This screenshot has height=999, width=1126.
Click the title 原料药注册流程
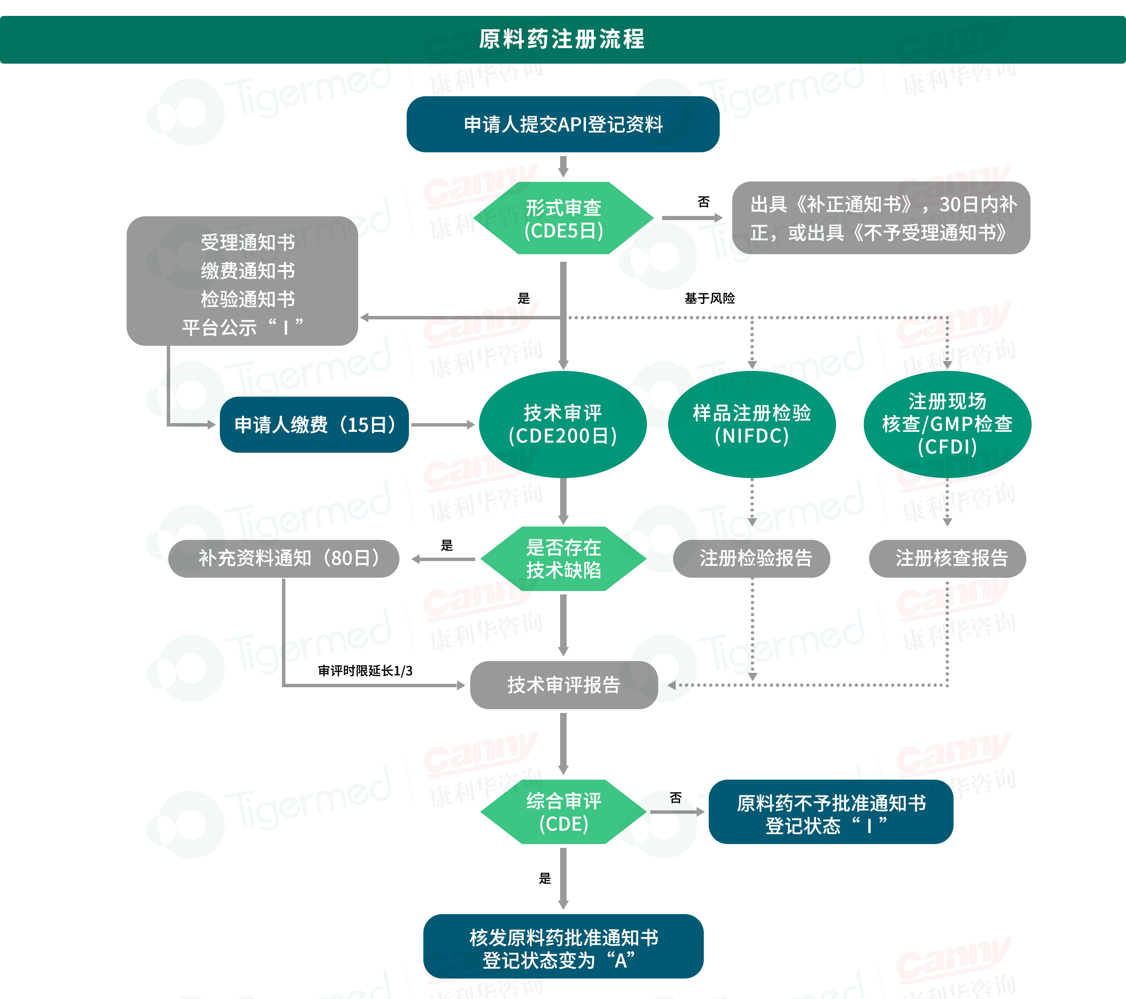tap(562, 39)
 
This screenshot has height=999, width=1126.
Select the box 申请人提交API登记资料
tap(563, 125)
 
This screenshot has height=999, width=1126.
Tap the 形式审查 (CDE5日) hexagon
tap(563, 219)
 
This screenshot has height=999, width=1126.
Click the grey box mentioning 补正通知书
tap(881, 218)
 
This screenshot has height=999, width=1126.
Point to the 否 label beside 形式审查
tap(703, 202)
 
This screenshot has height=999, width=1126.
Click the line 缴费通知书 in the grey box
tap(247, 271)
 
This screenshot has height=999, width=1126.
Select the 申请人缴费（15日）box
tap(314, 425)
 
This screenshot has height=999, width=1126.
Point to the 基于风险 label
tap(709, 299)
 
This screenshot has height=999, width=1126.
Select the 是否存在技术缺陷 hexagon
tap(563, 558)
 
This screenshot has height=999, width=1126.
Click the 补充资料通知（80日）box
tap(284, 558)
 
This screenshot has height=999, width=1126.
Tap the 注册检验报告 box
tap(752, 558)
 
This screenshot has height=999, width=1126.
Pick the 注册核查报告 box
tap(947, 558)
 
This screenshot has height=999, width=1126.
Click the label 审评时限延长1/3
tap(365, 671)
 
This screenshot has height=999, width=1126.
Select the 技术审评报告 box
tap(564, 685)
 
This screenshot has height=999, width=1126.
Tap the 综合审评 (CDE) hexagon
tap(563, 812)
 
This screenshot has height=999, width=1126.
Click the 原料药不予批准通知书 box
tap(831, 812)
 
